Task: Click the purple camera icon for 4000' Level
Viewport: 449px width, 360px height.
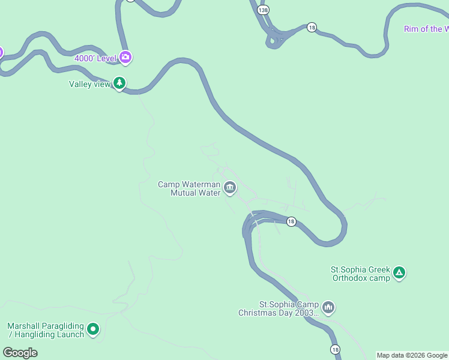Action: click(125, 58)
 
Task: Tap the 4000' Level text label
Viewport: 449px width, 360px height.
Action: click(95, 58)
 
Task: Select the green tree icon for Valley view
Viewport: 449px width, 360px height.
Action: click(120, 83)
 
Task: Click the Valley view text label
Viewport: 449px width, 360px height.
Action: click(89, 84)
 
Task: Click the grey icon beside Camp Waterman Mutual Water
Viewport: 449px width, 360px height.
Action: click(229, 188)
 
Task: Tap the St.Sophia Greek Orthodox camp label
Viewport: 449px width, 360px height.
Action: click(360, 274)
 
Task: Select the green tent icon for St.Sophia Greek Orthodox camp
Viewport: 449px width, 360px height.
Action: click(399, 274)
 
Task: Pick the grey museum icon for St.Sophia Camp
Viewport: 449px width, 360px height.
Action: click(328, 308)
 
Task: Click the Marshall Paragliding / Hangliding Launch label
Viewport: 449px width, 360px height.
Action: click(45, 330)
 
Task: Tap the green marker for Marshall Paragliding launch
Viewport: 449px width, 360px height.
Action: click(93, 329)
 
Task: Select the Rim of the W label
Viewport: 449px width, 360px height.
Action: click(426, 29)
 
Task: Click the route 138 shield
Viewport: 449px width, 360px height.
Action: click(262, 10)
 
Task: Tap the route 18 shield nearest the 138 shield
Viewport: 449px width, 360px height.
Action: click(312, 28)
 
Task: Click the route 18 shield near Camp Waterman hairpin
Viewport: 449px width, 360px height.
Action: click(291, 221)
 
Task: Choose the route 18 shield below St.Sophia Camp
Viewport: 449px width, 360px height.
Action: click(335, 349)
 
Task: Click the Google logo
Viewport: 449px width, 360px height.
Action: click(20, 353)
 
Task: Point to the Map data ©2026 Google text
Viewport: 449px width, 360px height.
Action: click(412, 355)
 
